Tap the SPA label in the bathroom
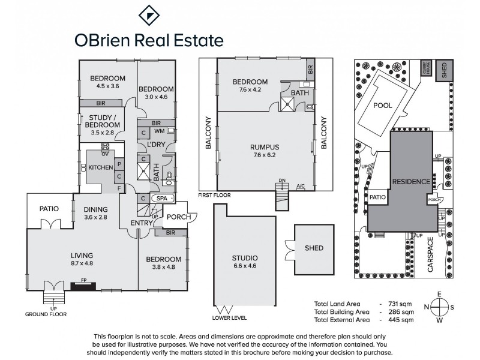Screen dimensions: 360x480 click(x=162, y=198)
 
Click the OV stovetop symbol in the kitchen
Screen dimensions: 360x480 click(x=104, y=146)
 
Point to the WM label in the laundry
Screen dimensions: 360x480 click(x=160, y=130)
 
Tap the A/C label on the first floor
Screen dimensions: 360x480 click(x=300, y=186)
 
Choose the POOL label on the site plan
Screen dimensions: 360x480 click(x=382, y=106)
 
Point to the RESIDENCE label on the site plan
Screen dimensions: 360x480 click(x=410, y=181)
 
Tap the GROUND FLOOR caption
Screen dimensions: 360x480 click(x=46, y=314)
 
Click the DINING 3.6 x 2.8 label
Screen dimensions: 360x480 click(x=95, y=213)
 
